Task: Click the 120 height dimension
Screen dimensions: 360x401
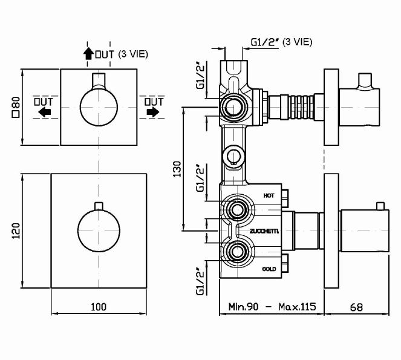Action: point(16,231)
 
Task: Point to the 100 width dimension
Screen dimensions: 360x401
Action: point(98,307)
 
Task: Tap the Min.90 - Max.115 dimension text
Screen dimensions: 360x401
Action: point(270,307)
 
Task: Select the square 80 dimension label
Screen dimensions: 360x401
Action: point(16,107)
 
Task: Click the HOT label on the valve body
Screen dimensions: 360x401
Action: point(269,195)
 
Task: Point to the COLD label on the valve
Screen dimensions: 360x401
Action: point(269,268)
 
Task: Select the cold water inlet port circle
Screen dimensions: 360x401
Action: point(235,250)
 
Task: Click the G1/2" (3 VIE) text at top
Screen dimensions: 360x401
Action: point(281,42)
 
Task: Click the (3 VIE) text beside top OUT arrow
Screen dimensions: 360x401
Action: point(132,54)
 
